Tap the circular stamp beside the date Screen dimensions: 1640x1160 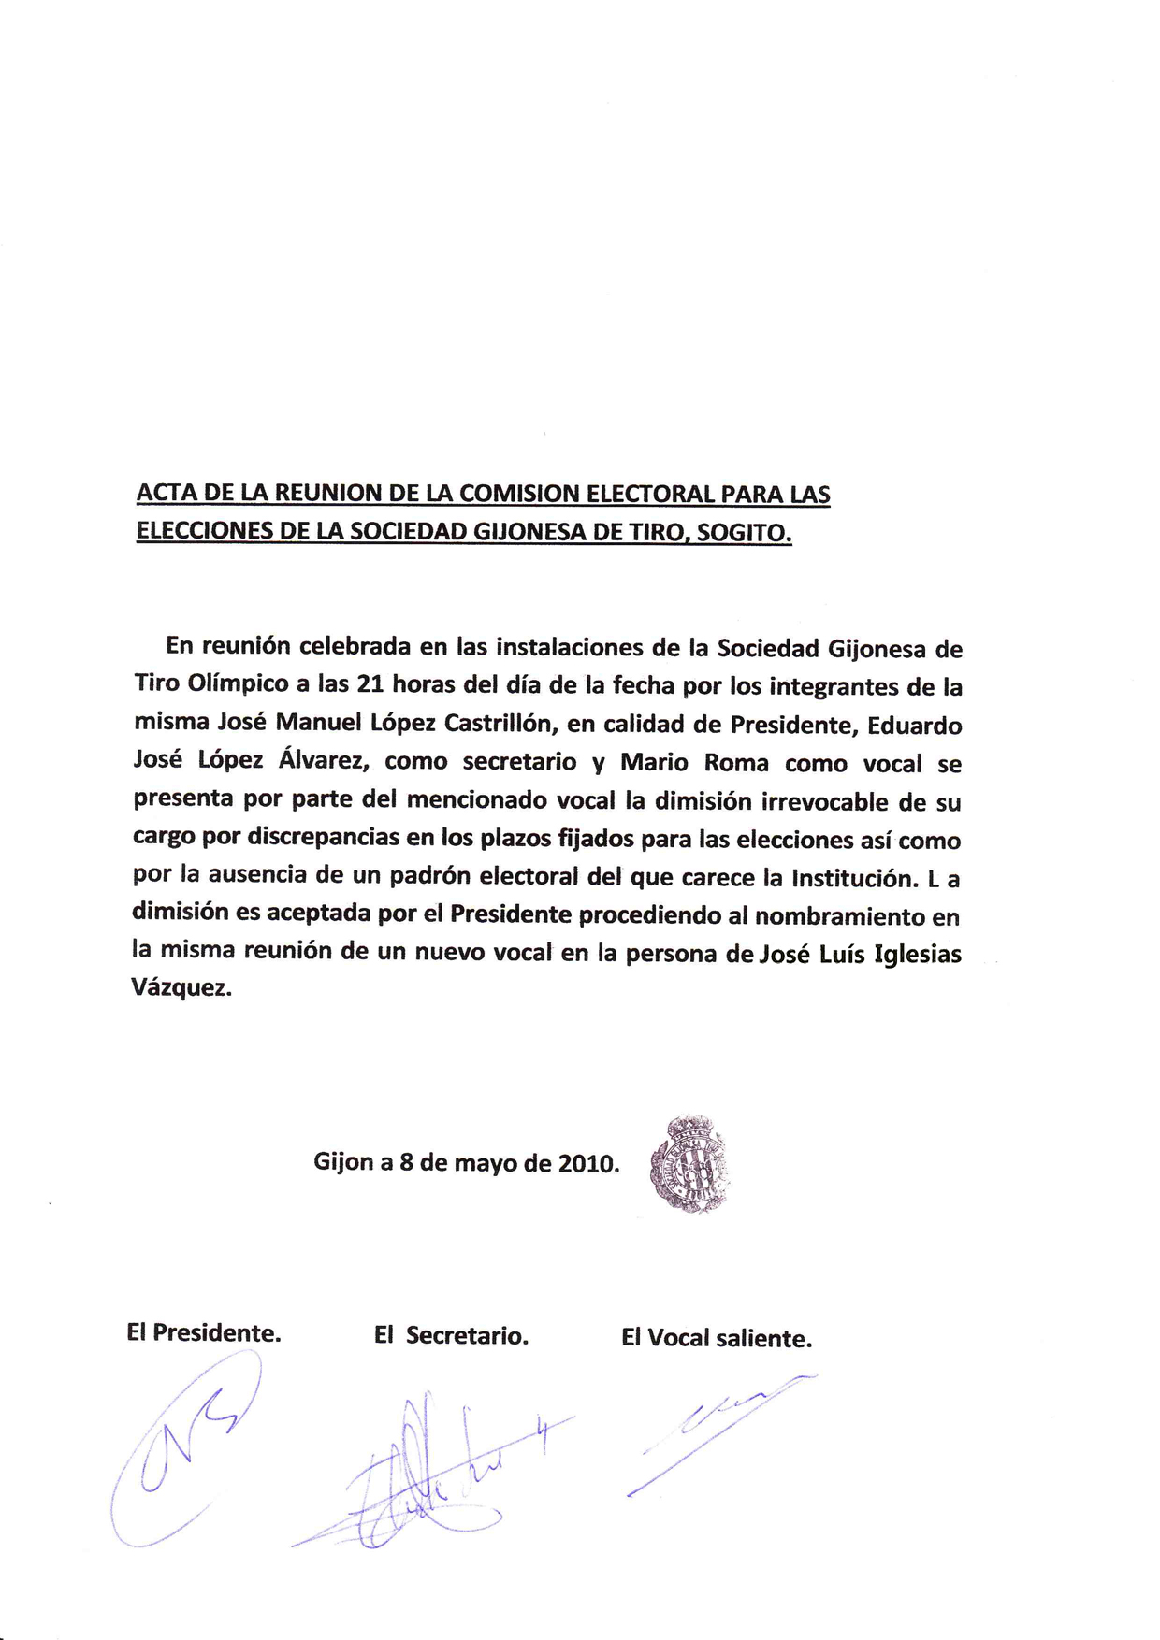coord(689,1165)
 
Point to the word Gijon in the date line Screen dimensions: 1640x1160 coord(342,1162)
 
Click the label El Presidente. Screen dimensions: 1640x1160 coord(204,1332)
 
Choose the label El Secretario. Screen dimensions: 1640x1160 coord(451,1335)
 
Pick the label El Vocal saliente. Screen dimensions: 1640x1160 coord(717,1338)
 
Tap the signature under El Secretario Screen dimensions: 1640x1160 coord(430,1475)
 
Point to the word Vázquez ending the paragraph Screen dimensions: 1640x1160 coord(181,989)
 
